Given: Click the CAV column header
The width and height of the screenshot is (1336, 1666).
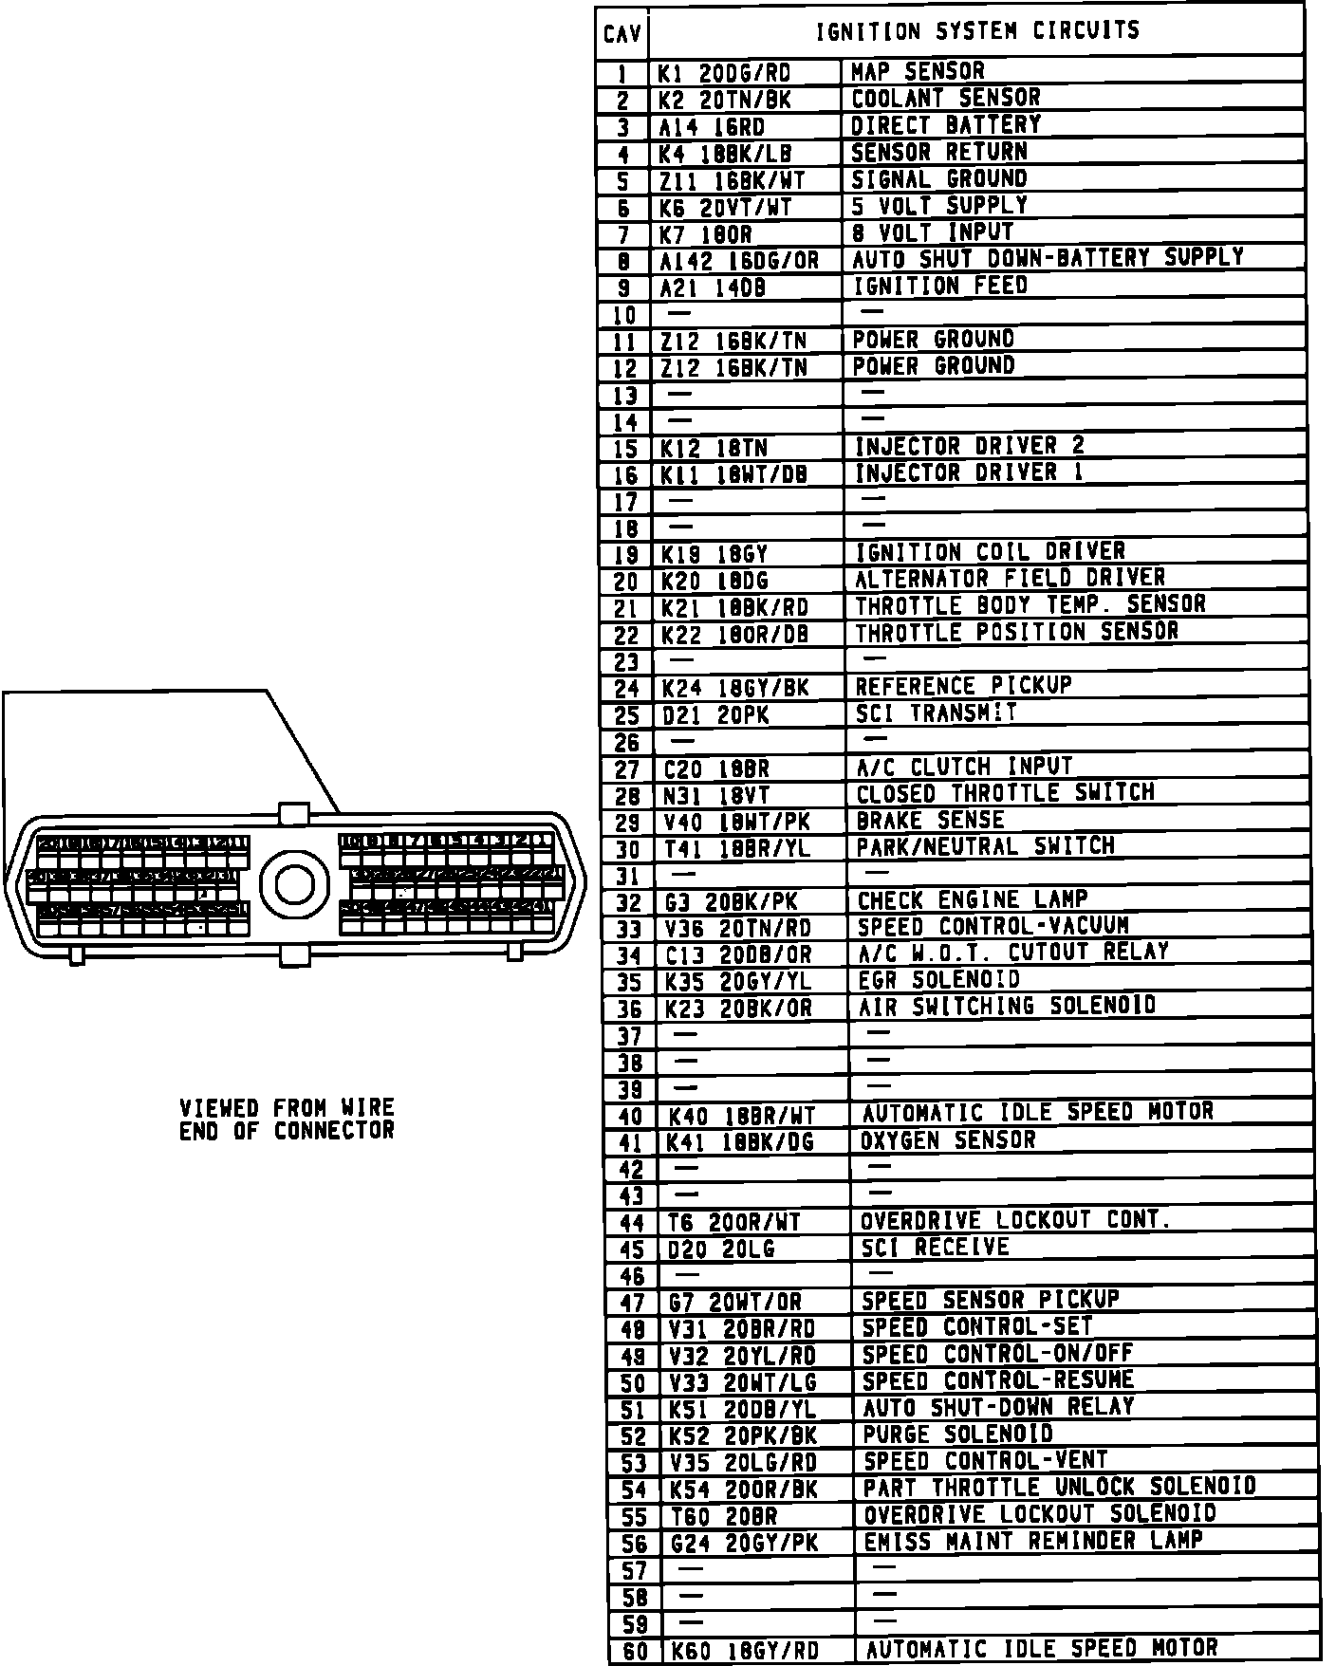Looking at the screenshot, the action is click(x=622, y=35).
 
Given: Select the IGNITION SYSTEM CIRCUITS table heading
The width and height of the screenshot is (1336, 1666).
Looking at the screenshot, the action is click(x=977, y=31).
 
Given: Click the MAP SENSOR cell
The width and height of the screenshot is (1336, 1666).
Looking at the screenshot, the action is click(x=918, y=72).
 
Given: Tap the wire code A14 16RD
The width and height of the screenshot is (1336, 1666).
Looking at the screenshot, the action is click(x=713, y=127).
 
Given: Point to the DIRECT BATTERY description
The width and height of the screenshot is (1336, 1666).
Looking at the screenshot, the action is click(x=945, y=125).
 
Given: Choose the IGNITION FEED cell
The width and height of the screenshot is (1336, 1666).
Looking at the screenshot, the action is click(x=939, y=286).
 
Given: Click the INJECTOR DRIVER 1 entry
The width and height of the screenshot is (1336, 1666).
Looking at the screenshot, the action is click(x=969, y=472).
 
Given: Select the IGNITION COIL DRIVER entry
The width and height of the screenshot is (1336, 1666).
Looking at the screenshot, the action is click(x=991, y=552).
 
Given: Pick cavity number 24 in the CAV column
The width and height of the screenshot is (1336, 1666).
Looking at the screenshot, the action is click(x=627, y=689).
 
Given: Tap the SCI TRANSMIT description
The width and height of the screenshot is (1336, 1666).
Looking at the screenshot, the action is click(x=936, y=713).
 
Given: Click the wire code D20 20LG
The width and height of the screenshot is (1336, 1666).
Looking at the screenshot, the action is click(x=721, y=1249).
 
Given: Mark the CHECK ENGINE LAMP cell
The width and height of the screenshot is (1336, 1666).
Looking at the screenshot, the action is click(x=973, y=899).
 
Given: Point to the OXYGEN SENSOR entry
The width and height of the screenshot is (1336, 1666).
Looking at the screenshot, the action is click(x=948, y=1139).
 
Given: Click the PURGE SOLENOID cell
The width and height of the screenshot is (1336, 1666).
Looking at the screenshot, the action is click(x=957, y=1434).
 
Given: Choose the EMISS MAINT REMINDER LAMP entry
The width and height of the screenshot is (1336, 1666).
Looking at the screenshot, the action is click(x=1033, y=1541).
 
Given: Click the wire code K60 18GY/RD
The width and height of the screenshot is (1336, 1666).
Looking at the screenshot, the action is click(x=744, y=1652).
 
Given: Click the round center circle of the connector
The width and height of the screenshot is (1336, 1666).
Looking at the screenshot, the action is click(x=294, y=883).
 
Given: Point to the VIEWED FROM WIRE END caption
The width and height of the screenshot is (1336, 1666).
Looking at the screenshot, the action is click(x=287, y=1120).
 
